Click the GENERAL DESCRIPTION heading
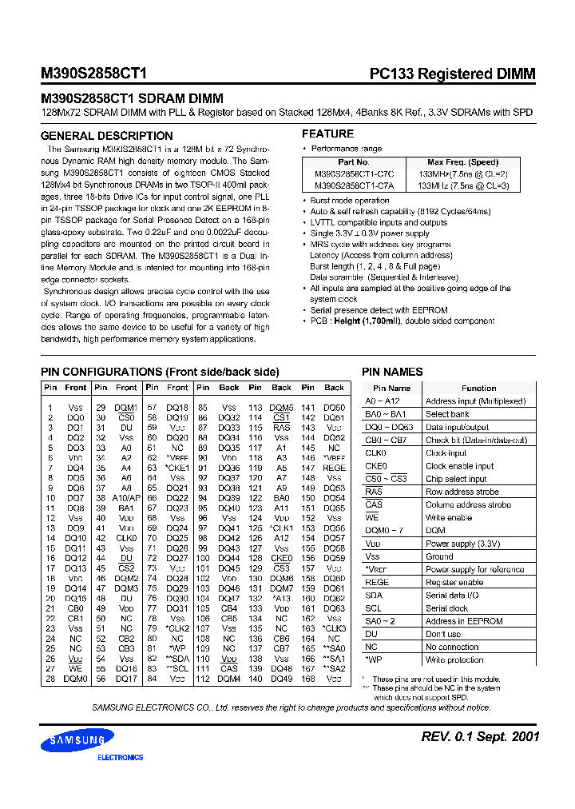pyautogui.click(x=106, y=136)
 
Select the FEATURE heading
pyautogui.click(x=327, y=134)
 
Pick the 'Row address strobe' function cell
pyautogui.click(x=462, y=492)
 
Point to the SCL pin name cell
pyautogui.click(x=373, y=608)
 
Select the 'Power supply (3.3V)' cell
pyautogui.click(x=463, y=544)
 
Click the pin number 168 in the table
pyautogui.click(x=307, y=679)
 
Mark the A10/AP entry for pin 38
pyautogui.click(x=126, y=497)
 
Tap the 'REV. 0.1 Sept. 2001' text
pyautogui.click(x=481, y=736)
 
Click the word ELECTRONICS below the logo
pyautogui.click(x=120, y=757)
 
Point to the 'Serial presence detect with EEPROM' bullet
pyautogui.click(x=379, y=310)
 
